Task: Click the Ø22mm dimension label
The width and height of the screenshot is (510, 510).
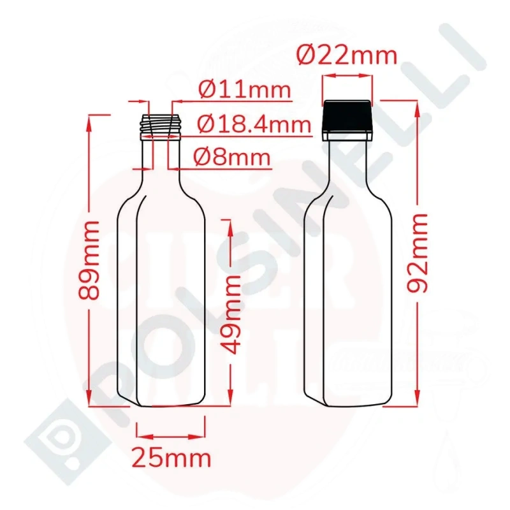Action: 347,55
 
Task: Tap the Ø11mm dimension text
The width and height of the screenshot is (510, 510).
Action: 244,90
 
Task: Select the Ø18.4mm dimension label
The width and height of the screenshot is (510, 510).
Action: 254,124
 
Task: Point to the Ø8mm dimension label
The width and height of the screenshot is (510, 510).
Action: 232,157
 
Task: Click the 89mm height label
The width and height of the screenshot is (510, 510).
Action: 89,260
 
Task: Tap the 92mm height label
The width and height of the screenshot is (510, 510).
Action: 417,253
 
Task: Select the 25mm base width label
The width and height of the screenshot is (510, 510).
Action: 171,459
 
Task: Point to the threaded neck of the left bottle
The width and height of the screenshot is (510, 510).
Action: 160,127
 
